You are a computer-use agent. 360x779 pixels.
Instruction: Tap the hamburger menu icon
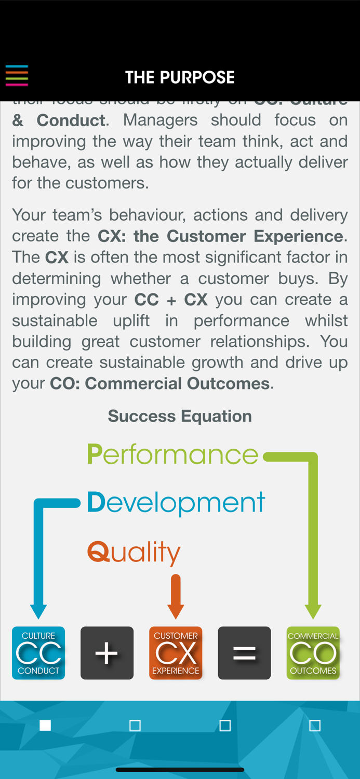pos(17,75)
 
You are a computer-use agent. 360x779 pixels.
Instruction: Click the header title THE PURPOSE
pos(180,77)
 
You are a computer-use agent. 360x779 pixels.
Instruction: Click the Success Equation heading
pos(180,416)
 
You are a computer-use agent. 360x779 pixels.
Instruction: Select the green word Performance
pos(172,454)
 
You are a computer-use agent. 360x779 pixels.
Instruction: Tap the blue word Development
pos(176,503)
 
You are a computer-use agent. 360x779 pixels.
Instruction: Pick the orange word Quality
pos(134,553)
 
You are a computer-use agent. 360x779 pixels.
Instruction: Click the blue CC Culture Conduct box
pos(38,653)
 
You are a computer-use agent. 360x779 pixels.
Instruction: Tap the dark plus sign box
pos(107,653)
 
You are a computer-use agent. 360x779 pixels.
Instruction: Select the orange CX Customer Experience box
pos(176,653)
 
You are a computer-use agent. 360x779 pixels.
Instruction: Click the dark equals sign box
pos(244,653)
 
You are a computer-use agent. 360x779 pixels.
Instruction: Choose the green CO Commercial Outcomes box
pos(313,653)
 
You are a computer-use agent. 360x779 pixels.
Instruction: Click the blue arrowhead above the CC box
pos(38,611)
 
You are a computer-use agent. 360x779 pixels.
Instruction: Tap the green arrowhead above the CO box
pos(313,611)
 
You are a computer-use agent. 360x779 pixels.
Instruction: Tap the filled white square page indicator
pos(45,725)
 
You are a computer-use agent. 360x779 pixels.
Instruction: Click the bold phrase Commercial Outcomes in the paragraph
pos(177,384)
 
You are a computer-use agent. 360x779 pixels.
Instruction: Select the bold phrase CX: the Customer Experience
pos(220,236)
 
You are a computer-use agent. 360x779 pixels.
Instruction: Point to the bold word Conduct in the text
pos(71,120)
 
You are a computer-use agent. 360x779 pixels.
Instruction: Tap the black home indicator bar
pos(180,770)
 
